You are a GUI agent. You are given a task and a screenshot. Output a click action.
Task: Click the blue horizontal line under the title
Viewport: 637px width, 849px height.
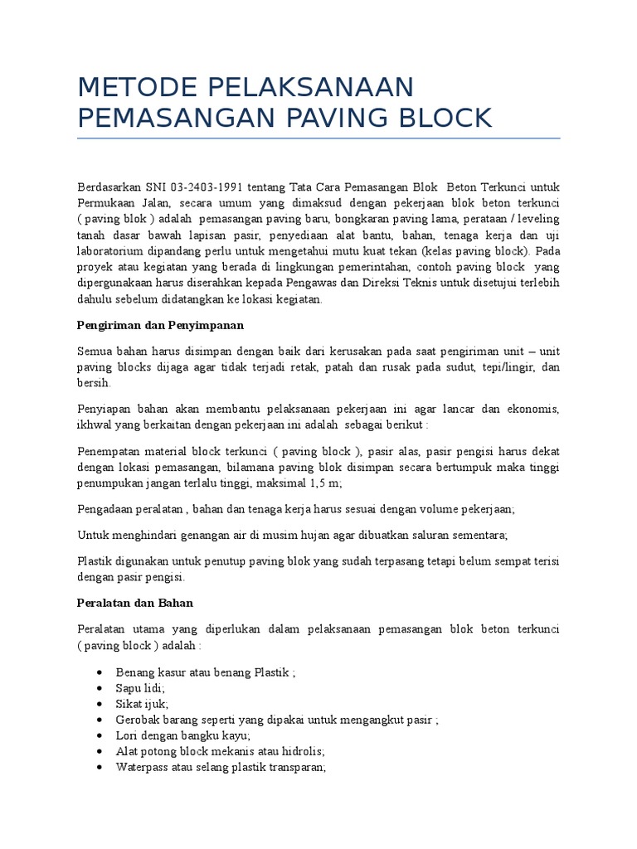click(x=318, y=138)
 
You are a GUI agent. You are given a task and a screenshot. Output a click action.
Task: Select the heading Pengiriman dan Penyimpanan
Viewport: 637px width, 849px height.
click(x=160, y=324)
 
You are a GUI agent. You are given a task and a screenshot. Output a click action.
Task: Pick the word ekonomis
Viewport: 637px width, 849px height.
click(x=532, y=409)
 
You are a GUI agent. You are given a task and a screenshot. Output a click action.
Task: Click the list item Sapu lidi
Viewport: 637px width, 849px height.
click(x=140, y=688)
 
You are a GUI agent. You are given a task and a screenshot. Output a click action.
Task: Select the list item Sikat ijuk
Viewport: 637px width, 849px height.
click(x=142, y=704)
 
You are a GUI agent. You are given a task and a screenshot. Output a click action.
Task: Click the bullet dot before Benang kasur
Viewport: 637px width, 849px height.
click(x=100, y=672)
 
